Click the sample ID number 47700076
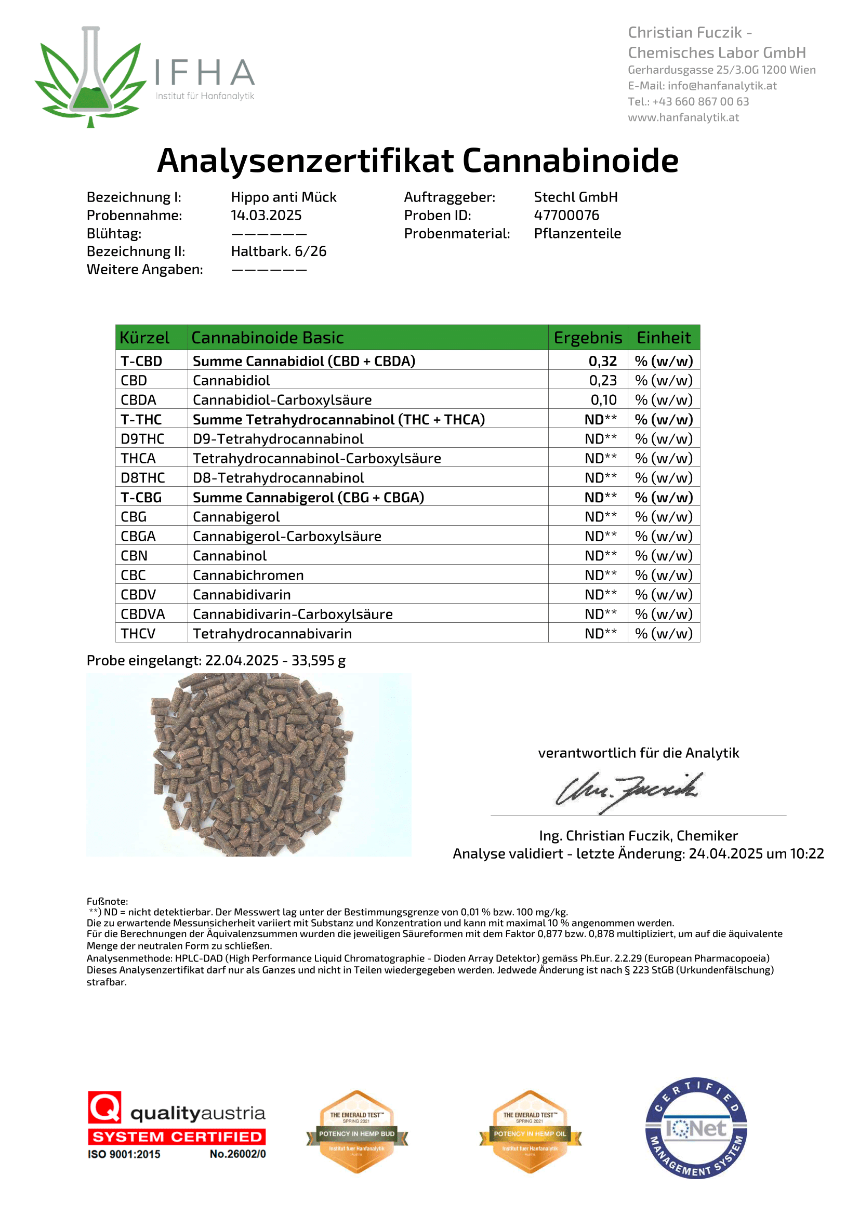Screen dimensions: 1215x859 click(x=566, y=216)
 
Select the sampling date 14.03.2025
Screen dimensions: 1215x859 click(x=266, y=216)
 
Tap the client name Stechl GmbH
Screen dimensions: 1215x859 click(x=575, y=197)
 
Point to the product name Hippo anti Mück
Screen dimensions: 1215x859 click(x=284, y=197)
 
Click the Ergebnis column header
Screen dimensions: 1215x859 click(x=588, y=338)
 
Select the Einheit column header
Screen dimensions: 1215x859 click(x=663, y=338)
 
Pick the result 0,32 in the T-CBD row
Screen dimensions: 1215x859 click(x=603, y=361)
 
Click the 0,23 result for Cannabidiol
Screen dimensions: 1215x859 click(x=603, y=380)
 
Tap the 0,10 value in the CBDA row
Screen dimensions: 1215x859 click(x=603, y=400)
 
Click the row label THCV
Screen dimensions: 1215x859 click(x=138, y=633)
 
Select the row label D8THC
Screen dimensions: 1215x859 click(x=143, y=478)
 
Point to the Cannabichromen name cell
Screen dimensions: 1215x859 click(x=248, y=575)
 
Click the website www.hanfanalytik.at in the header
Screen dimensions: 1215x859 click(x=683, y=117)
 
